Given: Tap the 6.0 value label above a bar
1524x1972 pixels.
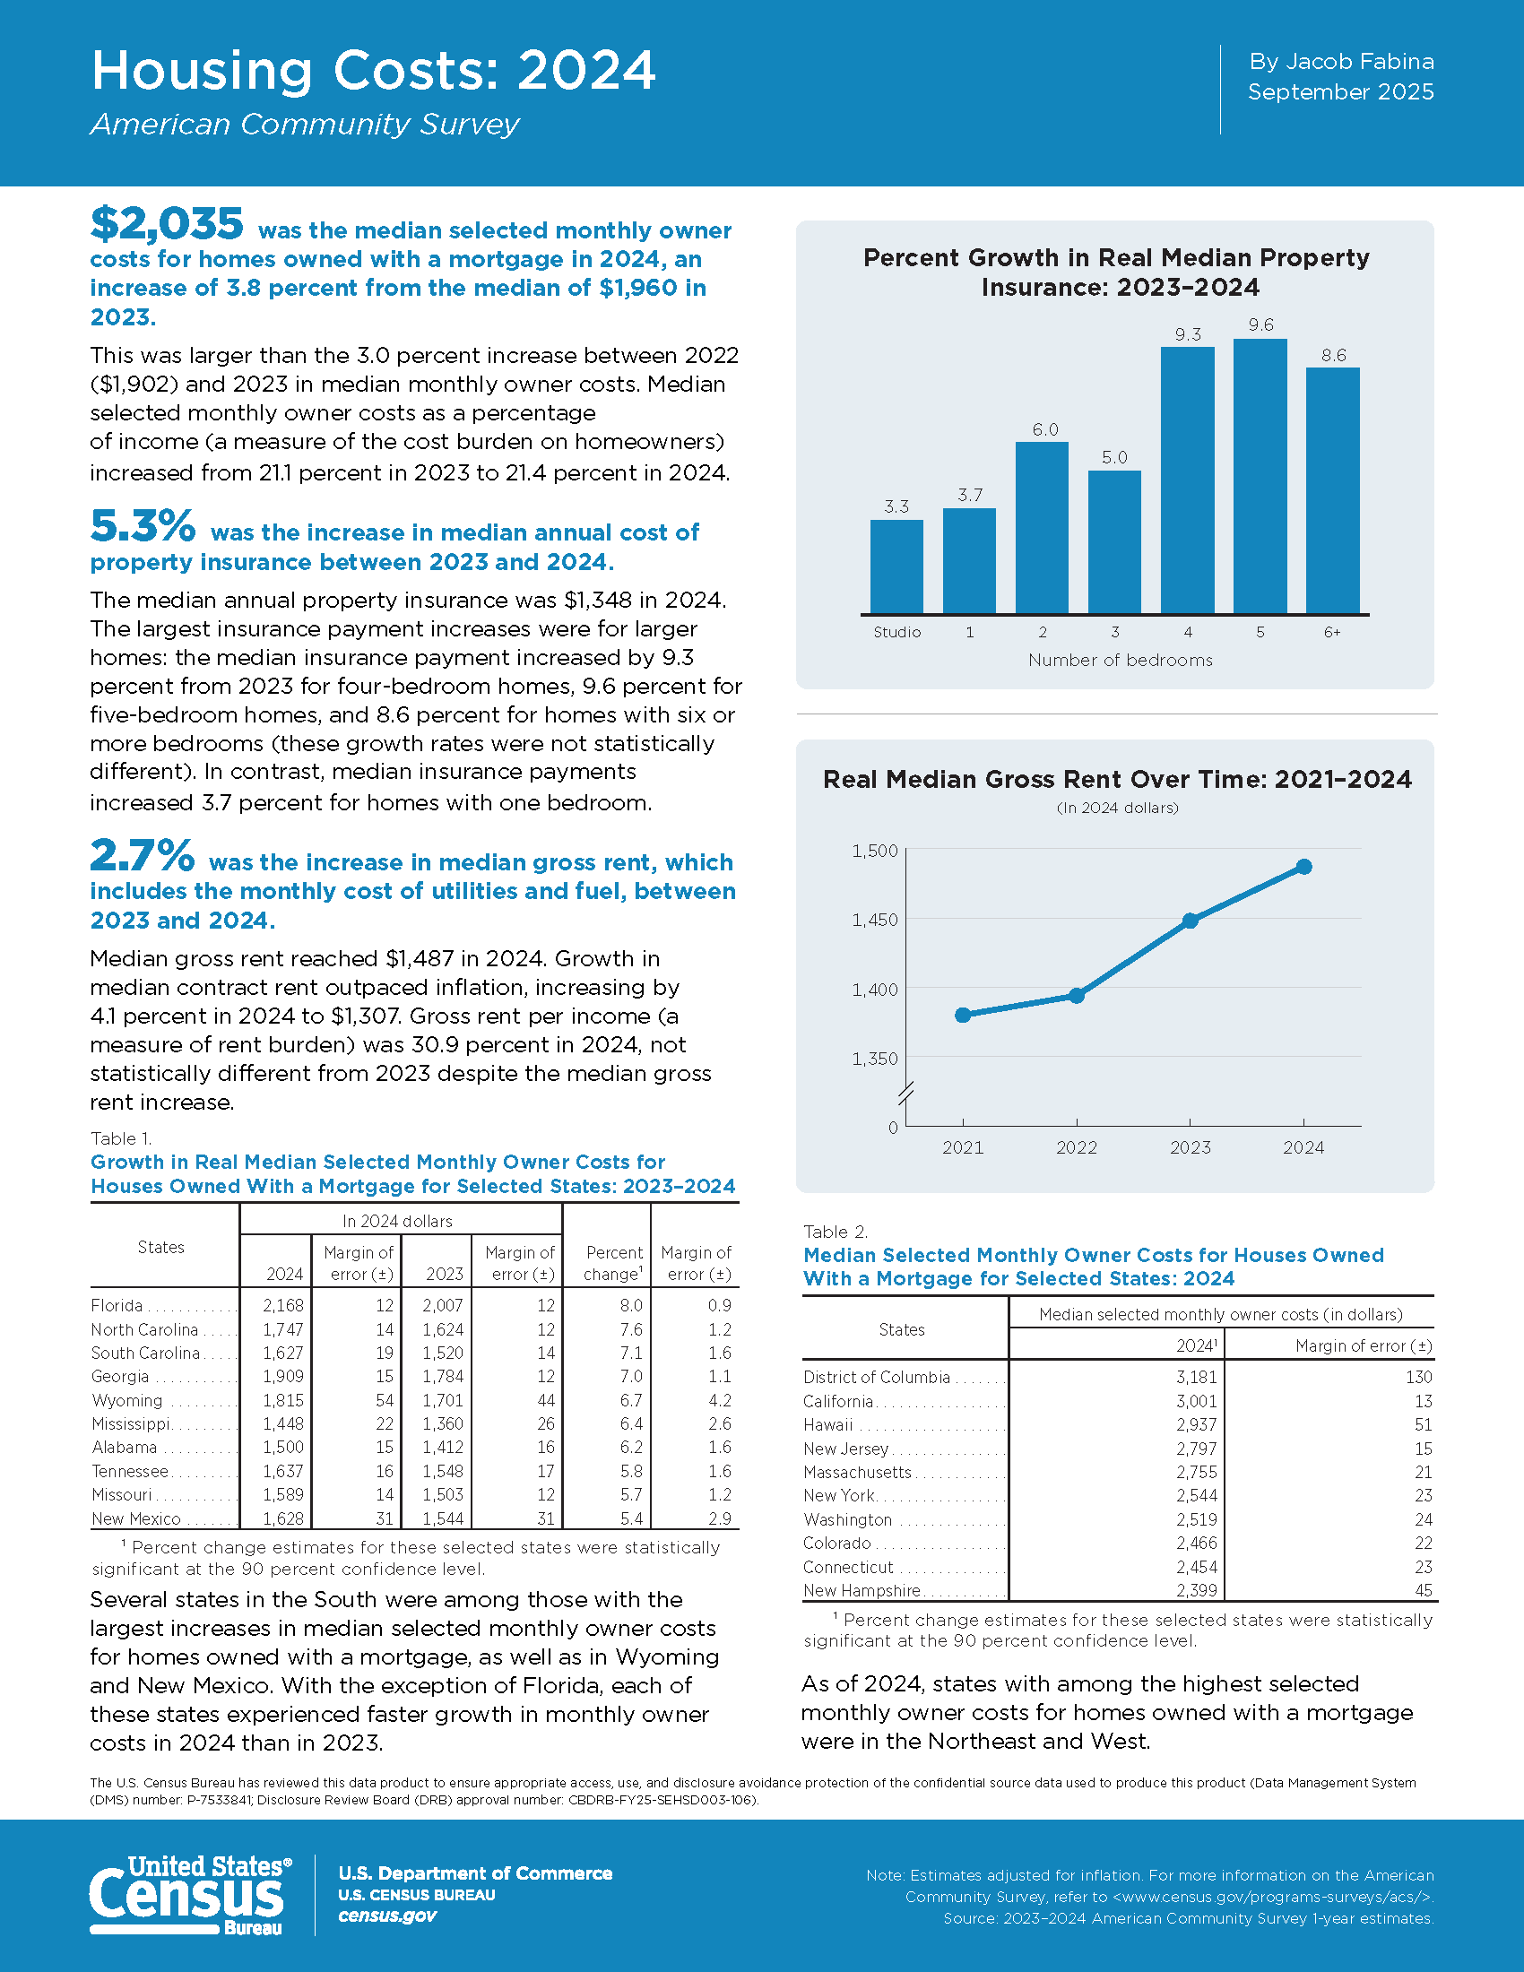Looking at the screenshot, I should tap(1044, 429).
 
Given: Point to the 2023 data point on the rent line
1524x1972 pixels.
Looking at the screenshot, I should tap(1190, 920).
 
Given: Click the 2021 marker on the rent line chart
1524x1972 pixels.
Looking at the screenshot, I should tap(963, 1015).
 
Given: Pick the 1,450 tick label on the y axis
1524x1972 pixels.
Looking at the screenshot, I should tap(874, 920).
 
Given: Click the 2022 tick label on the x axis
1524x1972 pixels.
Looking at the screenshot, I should tap(1076, 1147).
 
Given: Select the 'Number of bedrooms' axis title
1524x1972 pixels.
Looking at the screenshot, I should tap(1120, 660).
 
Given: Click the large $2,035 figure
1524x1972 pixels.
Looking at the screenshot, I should tap(167, 224).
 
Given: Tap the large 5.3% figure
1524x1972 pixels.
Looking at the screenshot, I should tap(143, 526).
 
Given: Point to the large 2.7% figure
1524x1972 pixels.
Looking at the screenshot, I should tap(142, 856).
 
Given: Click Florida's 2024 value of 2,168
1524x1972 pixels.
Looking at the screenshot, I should tap(283, 1306).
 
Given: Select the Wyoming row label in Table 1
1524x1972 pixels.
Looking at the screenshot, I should tap(127, 1400).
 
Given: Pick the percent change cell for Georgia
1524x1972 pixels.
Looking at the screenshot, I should tap(631, 1377).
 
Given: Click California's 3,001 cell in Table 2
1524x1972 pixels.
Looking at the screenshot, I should tap(1196, 1401).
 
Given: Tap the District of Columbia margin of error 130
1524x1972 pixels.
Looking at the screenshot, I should tap(1418, 1377).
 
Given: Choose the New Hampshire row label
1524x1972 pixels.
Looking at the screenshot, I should tap(862, 1590).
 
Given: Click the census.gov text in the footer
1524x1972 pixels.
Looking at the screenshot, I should tap(387, 1916).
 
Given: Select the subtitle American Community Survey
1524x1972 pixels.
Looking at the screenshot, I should tap(305, 125).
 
